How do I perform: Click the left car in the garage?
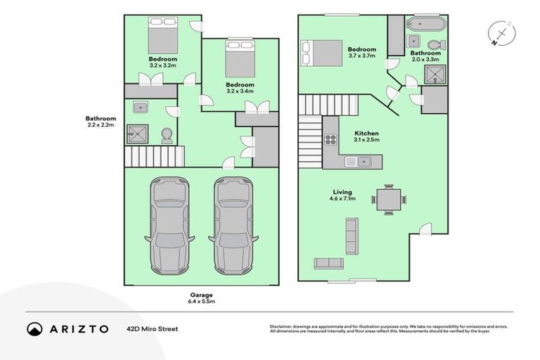[x=171, y=226]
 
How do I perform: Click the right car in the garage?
[x=233, y=226]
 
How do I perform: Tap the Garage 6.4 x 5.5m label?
[x=200, y=298]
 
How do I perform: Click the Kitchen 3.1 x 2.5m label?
[x=366, y=136]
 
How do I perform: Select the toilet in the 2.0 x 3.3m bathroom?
[x=434, y=45]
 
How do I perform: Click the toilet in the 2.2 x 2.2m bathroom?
[x=167, y=134]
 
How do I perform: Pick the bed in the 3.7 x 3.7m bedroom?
[x=320, y=52]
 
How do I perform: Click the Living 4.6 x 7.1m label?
[x=343, y=195]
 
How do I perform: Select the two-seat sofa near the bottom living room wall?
[x=328, y=263]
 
